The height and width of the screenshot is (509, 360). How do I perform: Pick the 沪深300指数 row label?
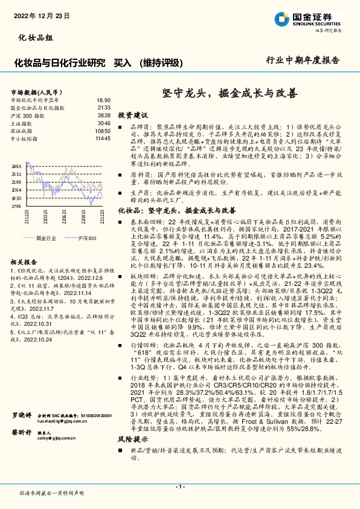coord(28,115)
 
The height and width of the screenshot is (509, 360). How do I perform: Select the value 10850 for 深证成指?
coord(103,131)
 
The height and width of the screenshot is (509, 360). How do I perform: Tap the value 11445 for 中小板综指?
coord(103,138)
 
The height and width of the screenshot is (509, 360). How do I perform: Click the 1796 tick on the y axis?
coord(16,206)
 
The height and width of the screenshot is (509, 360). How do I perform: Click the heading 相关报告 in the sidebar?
coord(25,261)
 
